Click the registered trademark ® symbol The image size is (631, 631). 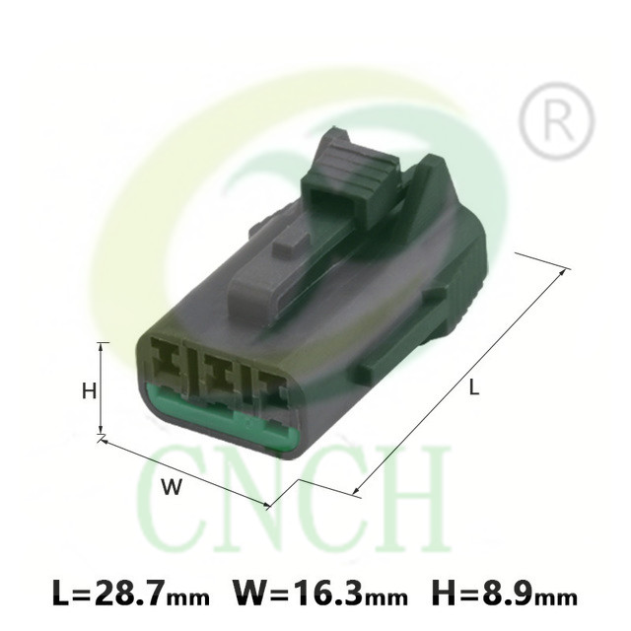pos(556,120)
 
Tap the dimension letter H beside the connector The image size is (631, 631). pos(89,390)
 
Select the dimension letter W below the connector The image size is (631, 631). pos(172,487)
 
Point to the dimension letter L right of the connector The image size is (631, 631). pos(475,387)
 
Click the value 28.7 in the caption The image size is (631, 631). pos(131,594)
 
